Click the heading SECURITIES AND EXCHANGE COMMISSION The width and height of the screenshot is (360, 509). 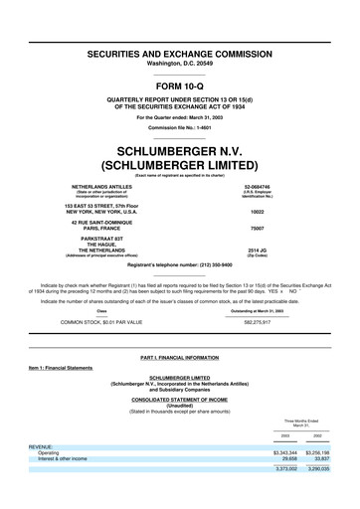[x=179, y=49]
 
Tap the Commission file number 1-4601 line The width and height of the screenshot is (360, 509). [x=179, y=128]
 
